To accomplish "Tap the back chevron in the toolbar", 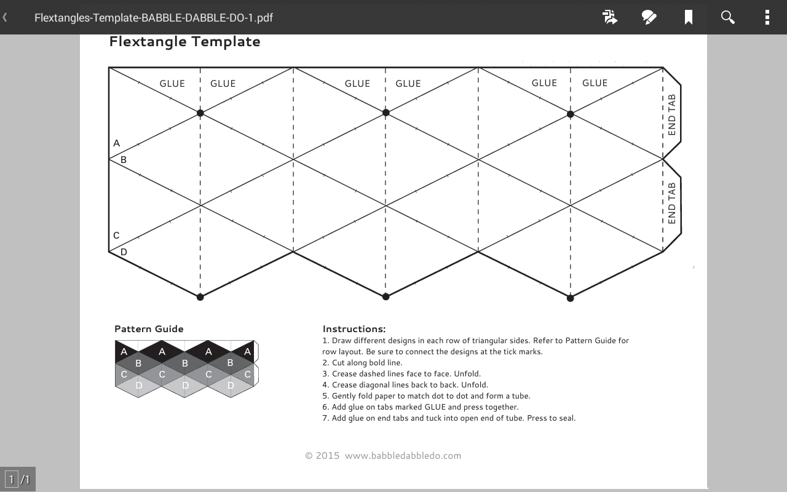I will [x=6, y=17].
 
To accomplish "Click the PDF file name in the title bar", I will [x=153, y=17].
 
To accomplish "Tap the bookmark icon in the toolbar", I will [x=689, y=17].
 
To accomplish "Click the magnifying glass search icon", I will [x=728, y=17].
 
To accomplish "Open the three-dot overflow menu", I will [x=767, y=17].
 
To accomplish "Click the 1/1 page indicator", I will [x=18, y=479].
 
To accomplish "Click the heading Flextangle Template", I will [x=184, y=41].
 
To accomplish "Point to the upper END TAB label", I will [x=671, y=115].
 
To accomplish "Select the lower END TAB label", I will [x=671, y=204].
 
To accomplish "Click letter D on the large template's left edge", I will [x=124, y=252].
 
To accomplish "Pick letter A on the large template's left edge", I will [x=117, y=143].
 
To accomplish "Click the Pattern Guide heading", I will [x=149, y=328].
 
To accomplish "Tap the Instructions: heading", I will [x=354, y=329].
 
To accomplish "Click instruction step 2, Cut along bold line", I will [x=362, y=363].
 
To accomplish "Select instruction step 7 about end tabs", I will [x=449, y=418].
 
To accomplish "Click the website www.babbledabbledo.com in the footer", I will [x=403, y=456].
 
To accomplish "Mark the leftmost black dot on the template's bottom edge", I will [x=200, y=297].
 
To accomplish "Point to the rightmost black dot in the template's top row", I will [x=570, y=114].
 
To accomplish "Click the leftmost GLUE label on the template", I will [x=172, y=84].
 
